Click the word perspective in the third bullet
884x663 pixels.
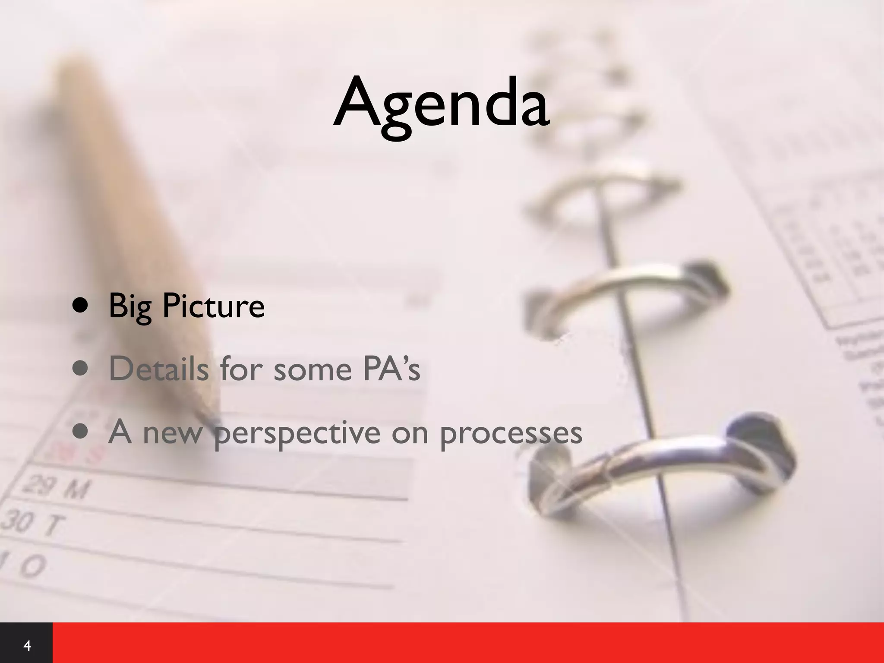297,433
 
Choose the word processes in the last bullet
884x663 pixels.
511,433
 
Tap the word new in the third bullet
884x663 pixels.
172,433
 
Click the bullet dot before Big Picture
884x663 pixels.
81,306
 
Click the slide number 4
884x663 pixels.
27,646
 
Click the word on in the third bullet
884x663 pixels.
410,433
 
